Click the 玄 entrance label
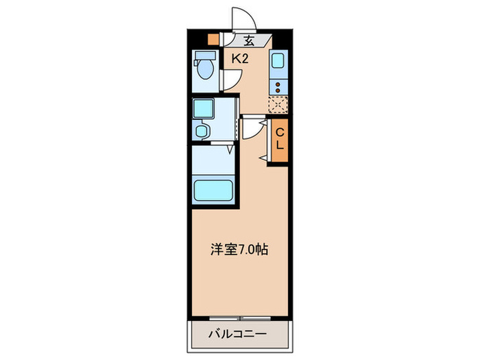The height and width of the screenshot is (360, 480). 249,40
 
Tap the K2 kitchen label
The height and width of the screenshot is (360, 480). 239,60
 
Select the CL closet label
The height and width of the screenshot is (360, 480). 280,139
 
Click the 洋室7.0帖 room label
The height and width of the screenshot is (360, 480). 239,250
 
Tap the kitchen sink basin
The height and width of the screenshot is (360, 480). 280,62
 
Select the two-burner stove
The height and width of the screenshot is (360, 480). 279,87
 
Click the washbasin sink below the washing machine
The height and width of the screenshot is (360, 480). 203,130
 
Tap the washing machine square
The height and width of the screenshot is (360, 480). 204,108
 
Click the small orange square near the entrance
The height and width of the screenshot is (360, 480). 213,40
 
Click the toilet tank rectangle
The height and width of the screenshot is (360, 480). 204,56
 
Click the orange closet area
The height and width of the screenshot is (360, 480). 280,141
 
